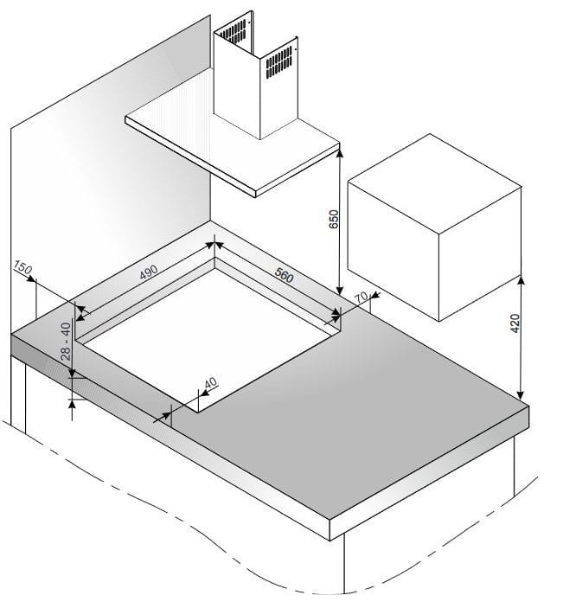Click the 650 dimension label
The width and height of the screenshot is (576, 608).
[333, 219]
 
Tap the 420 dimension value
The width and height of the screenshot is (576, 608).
[515, 323]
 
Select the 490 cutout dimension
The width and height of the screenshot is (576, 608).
[149, 272]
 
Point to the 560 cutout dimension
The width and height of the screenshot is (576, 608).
[284, 275]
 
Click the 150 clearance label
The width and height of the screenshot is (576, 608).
[22, 267]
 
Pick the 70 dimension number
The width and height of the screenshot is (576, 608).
[362, 298]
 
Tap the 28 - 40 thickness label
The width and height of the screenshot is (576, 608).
[66, 342]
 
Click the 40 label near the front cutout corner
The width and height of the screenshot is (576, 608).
[211, 383]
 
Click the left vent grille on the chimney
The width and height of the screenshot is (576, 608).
[233, 31]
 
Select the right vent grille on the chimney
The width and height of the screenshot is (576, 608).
[278, 62]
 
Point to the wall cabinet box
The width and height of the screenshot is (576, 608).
[434, 227]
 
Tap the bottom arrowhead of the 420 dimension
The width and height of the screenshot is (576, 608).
[521, 394]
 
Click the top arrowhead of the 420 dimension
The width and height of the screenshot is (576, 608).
[521, 281]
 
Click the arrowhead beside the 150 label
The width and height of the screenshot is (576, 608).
[30, 278]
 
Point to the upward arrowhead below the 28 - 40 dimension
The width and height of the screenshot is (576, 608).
[72, 405]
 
